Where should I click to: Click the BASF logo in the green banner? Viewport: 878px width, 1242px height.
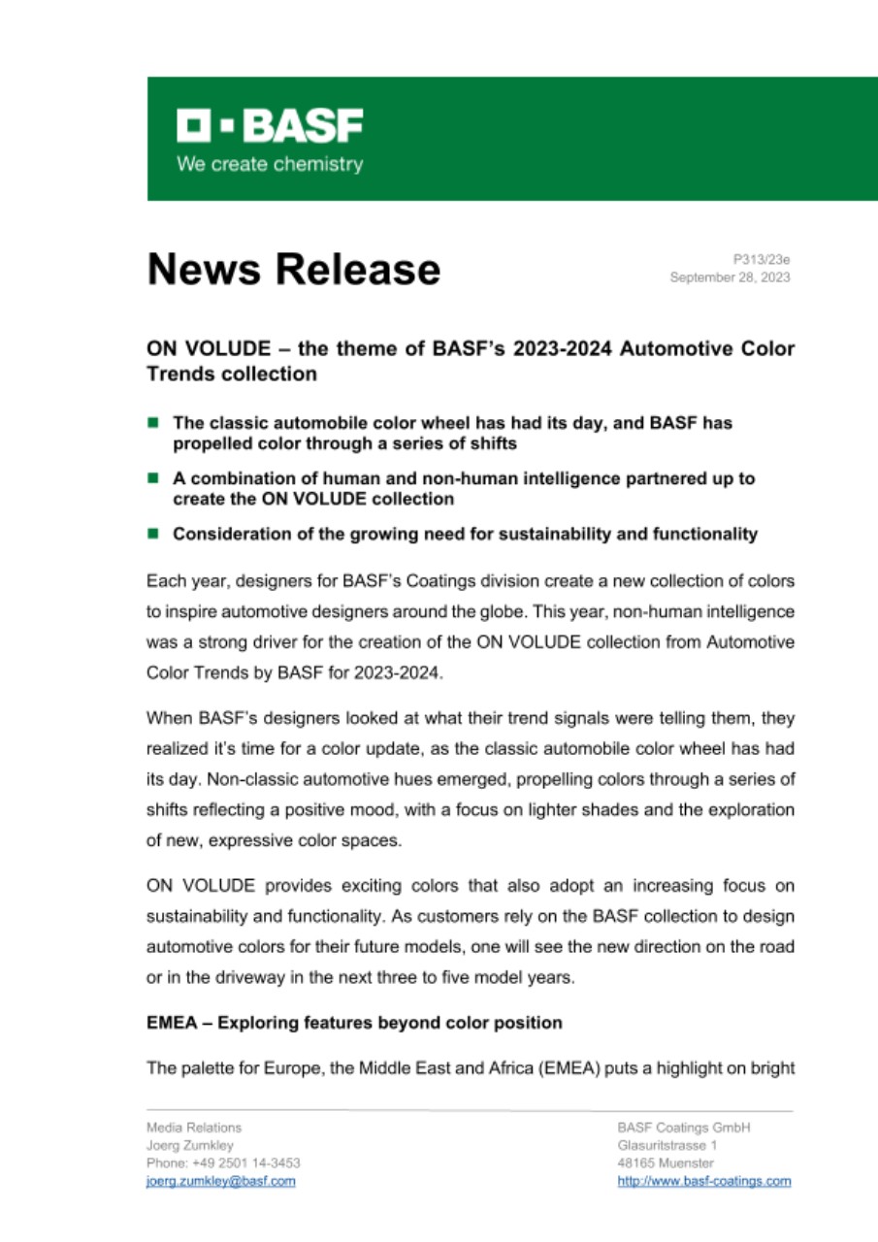(x=270, y=125)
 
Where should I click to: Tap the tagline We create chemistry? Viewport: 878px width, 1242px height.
(x=270, y=164)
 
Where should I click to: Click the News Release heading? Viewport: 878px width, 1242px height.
(x=293, y=269)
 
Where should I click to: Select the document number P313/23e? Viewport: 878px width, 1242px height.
(x=762, y=259)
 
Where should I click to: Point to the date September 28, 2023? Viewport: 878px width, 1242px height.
(x=730, y=278)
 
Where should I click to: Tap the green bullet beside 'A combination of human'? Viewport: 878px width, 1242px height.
(x=153, y=478)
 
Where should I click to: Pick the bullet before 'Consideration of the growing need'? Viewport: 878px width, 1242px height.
(x=153, y=534)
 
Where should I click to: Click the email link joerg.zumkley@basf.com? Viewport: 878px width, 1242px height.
(x=220, y=1181)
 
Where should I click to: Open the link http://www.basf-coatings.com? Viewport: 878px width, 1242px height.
(x=703, y=1181)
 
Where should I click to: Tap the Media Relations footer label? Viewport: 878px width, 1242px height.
(x=194, y=1128)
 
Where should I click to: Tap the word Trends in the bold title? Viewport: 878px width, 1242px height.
(x=179, y=375)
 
